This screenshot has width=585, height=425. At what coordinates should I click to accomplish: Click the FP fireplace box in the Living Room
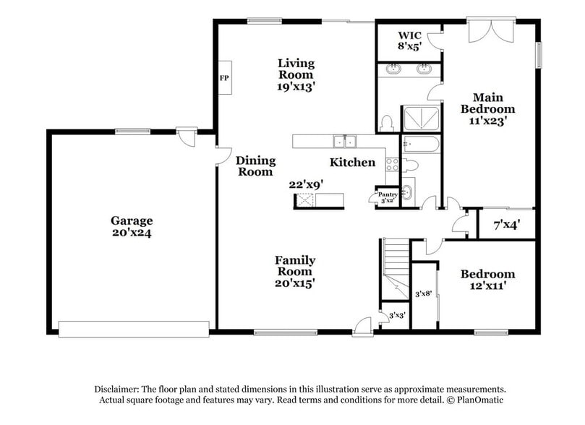point(223,77)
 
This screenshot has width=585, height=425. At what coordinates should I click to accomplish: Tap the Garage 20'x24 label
point(132,226)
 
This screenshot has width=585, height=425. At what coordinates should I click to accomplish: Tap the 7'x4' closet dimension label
point(506,226)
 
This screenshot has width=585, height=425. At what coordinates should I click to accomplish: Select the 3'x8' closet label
point(423,293)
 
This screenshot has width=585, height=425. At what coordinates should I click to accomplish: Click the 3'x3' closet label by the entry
point(396,316)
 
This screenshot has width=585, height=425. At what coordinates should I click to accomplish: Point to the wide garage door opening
point(134,329)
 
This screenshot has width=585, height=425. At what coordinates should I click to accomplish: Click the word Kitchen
point(352,162)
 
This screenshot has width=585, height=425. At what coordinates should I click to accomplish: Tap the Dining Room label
point(255,166)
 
